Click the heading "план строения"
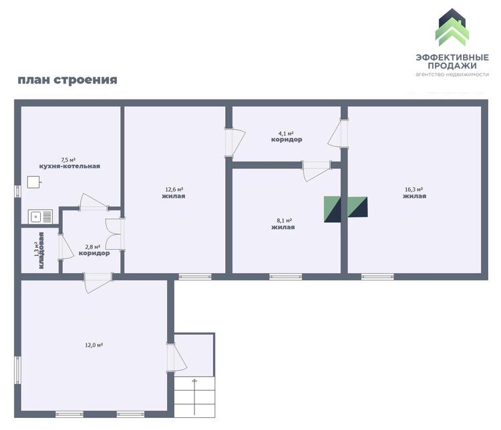click(67, 79)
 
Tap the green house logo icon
click(452, 27)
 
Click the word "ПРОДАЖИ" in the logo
click(452, 65)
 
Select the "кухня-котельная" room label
click(69, 166)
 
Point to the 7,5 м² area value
click(68, 160)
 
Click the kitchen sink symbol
click(40, 216)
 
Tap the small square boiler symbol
click(33, 182)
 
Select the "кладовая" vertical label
click(41, 250)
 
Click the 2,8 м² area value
click(93, 247)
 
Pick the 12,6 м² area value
click(174, 190)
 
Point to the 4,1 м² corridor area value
click(286, 134)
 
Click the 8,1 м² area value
click(285, 220)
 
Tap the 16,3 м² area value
click(414, 190)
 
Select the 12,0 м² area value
click(94, 345)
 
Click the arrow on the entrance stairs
click(194, 397)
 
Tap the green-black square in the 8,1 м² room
click(332, 209)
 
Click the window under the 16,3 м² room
click(377, 276)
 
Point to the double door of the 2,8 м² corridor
click(114, 234)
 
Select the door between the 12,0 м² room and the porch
click(176, 357)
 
